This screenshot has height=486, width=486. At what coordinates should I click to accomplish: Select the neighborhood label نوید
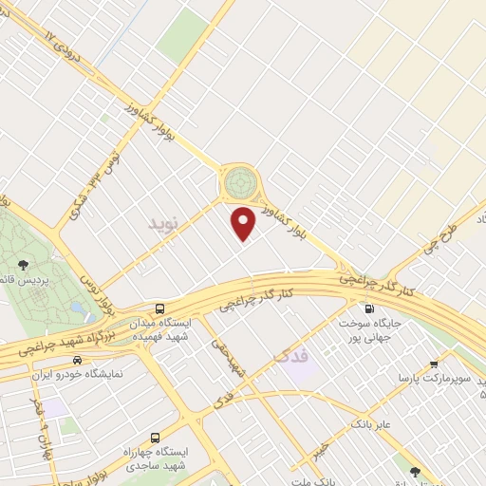tap(163, 224)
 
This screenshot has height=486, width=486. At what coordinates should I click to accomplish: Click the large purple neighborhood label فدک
tap(291, 358)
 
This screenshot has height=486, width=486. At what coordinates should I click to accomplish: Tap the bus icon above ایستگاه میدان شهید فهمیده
tap(159, 308)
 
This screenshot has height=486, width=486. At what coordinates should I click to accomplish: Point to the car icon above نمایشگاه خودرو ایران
tap(76, 361)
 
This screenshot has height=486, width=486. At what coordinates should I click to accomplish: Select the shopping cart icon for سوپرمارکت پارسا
tap(434, 364)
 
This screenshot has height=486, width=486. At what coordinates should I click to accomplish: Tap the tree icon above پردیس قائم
tap(22, 265)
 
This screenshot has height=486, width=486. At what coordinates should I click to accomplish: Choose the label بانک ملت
tap(332, 480)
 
